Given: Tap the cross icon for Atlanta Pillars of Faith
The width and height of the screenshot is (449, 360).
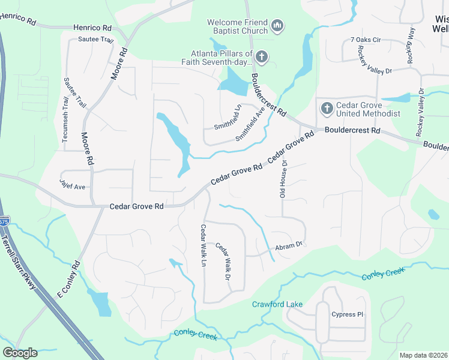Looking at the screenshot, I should pyautogui.click(x=261, y=57).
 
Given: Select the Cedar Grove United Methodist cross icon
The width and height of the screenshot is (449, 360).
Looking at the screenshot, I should pyautogui.click(x=327, y=109).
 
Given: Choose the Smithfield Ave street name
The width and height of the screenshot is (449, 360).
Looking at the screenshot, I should pyautogui.click(x=250, y=124).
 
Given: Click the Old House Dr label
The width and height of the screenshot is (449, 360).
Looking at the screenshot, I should pyautogui.click(x=283, y=179).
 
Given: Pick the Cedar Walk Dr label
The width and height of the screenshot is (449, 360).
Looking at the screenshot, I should pyautogui.click(x=223, y=260).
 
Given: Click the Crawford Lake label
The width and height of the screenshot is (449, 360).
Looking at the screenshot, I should pyautogui.click(x=277, y=304).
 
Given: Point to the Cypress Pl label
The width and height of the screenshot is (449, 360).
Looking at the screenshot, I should pyautogui.click(x=348, y=314).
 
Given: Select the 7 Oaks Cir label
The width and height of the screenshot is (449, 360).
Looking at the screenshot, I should pyautogui.click(x=366, y=40).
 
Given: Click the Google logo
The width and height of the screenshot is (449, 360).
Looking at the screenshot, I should pyautogui.click(x=20, y=352).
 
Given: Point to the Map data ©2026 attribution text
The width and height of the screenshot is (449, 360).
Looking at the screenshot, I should pyautogui.click(x=423, y=355).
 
